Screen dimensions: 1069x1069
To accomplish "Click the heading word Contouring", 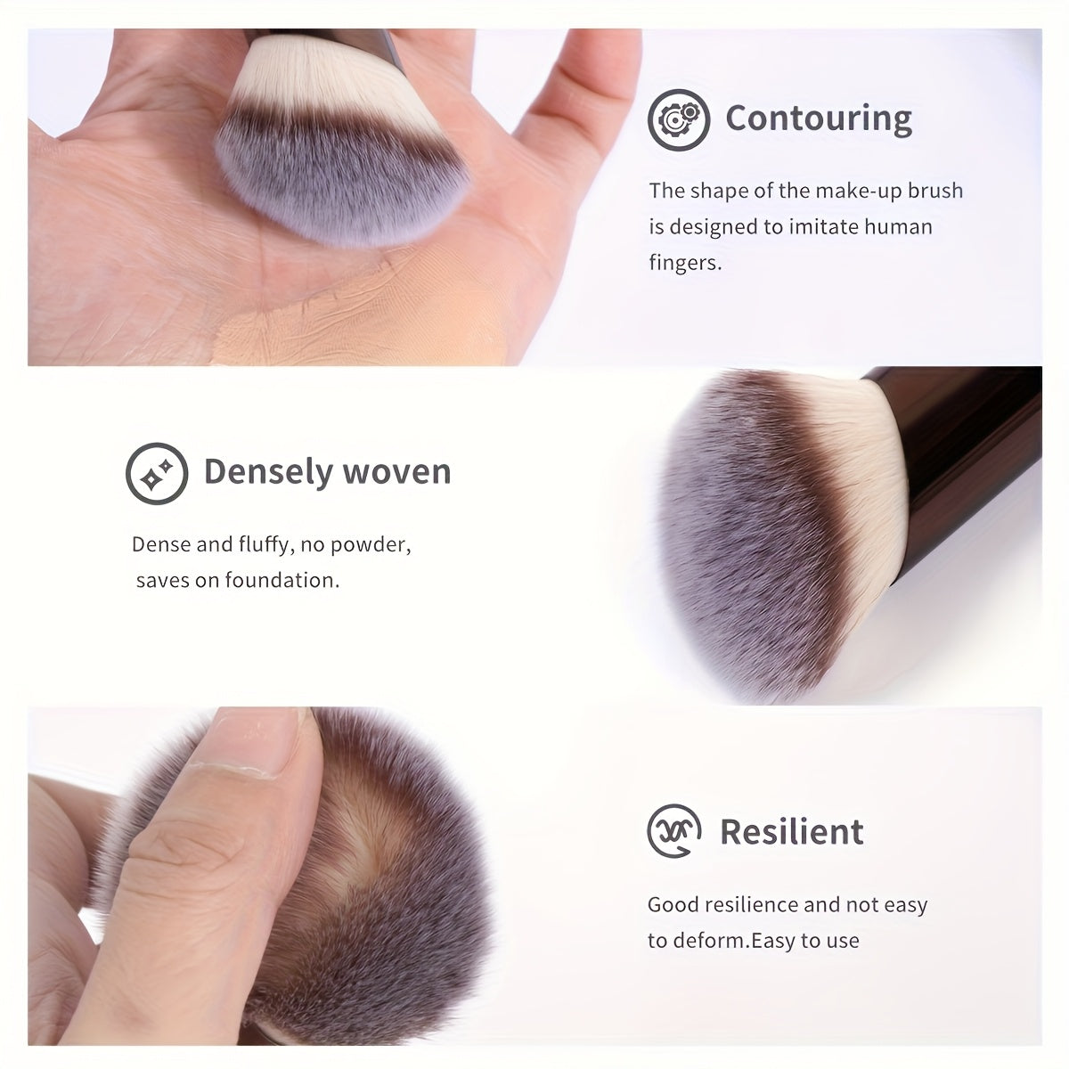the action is click(819, 118).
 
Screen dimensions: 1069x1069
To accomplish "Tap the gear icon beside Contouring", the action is click(679, 119).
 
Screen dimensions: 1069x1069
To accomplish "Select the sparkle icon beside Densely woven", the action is click(157, 473).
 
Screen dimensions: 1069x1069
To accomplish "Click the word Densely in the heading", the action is click(268, 473).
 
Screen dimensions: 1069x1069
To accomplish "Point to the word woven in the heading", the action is click(396, 473).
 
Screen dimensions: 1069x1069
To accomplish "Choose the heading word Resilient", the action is click(792, 831).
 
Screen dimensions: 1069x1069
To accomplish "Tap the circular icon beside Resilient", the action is click(674, 831).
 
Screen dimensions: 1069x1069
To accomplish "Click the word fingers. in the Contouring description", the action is click(685, 263).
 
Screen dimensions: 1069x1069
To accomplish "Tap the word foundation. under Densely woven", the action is click(282, 580).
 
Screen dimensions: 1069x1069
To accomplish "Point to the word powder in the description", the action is click(371, 546).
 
